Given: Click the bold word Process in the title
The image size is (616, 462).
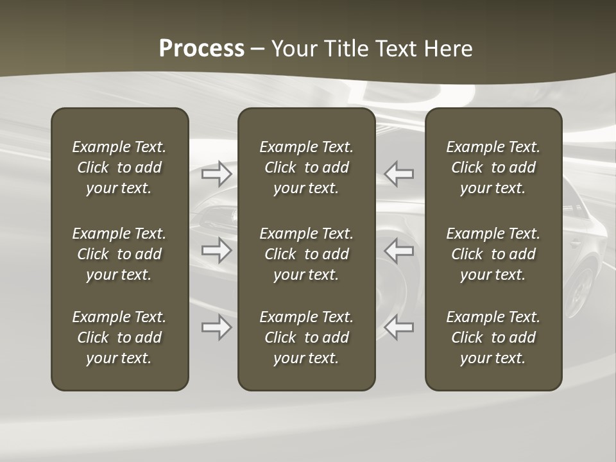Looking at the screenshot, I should [x=201, y=49].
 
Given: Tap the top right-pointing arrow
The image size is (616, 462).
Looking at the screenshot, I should [x=217, y=174].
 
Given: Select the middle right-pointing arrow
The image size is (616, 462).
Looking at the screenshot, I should [x=217, y=250].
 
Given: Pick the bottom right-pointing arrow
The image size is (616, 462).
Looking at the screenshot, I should [x=217, y=327].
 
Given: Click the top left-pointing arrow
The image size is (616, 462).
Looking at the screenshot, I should [x=398, y=174].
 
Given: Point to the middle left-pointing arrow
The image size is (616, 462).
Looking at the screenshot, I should [x=398, y=250].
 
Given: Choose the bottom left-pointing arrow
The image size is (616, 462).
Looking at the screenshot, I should [x=398, y=327].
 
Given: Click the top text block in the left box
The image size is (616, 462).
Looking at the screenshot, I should [x=119, y=167].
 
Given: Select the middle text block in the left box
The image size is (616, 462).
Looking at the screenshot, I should [x=119, y=254].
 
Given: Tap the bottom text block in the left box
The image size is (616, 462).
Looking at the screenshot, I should [x=119, y=338].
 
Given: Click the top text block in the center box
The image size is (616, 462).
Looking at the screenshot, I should [x=306, y=167].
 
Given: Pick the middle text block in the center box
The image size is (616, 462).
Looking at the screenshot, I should [x=306, y=254].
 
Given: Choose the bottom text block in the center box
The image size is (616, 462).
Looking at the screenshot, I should [x=306, y=338].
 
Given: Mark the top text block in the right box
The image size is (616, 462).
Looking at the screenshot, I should [x=493, y=167].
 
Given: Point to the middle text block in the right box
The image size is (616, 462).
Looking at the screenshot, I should [x=493, y=254].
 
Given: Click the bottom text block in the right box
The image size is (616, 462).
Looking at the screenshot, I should [x=493, y=338].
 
